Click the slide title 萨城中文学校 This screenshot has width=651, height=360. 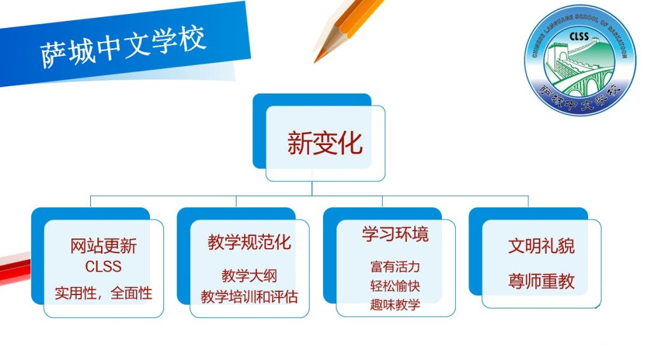pyautogui.click(x=123, y=46)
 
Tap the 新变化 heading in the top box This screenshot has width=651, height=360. pyautogui.click(x=325, y=143)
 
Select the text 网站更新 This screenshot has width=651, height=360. pyautogui.click(x=104, y=246)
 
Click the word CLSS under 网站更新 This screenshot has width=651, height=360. pyautogui.click(x=104, y=266)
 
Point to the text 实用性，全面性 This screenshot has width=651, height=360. pyautogui.click(x=104, y=293)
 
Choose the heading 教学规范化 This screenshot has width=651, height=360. pyautogui.click(x=249, y=242)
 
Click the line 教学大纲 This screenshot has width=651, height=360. pyautogui.click(x=249, y=275)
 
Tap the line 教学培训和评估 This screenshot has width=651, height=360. pyautogui.click(x=249, y=296)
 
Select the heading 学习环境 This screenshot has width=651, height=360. pyautogui.click(x=395, y=234)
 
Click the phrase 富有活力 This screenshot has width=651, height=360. pyautogui.click(x=395, y=266)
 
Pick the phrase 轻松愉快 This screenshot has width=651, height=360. pyautogui.click(x=395, y=286)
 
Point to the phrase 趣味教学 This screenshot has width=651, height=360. pyautogui.click(x=395, y=305)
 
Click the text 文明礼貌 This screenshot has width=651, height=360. pyautogui.click(x=542, y=246)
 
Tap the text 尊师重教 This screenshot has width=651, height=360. pyautogui.click(x=542, y=281)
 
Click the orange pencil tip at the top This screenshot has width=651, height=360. pyautogui.click(x=317, y=59)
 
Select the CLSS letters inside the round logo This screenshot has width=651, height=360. pyautogui.click(x=579, y=36)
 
